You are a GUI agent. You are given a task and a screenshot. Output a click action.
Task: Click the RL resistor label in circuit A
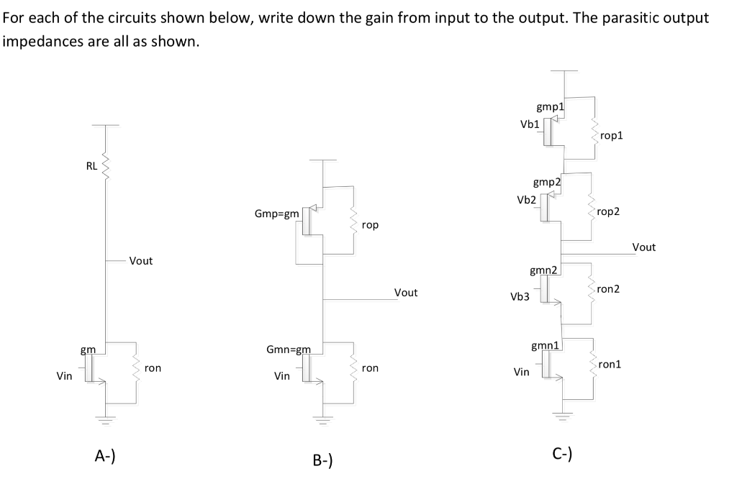91,166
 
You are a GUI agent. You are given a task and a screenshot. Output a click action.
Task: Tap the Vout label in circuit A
141,261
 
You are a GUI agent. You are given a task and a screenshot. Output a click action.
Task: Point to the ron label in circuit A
153,368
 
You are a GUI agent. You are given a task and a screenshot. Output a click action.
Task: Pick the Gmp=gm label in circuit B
277,214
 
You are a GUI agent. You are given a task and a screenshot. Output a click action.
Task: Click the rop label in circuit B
370,225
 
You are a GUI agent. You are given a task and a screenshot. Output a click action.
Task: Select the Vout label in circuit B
406,293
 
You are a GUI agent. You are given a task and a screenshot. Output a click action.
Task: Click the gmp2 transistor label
547,183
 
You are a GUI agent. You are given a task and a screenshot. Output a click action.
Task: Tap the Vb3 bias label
520,296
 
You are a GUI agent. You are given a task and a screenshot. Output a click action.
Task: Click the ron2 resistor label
608,288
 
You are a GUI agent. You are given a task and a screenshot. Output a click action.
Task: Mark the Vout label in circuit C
643,247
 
